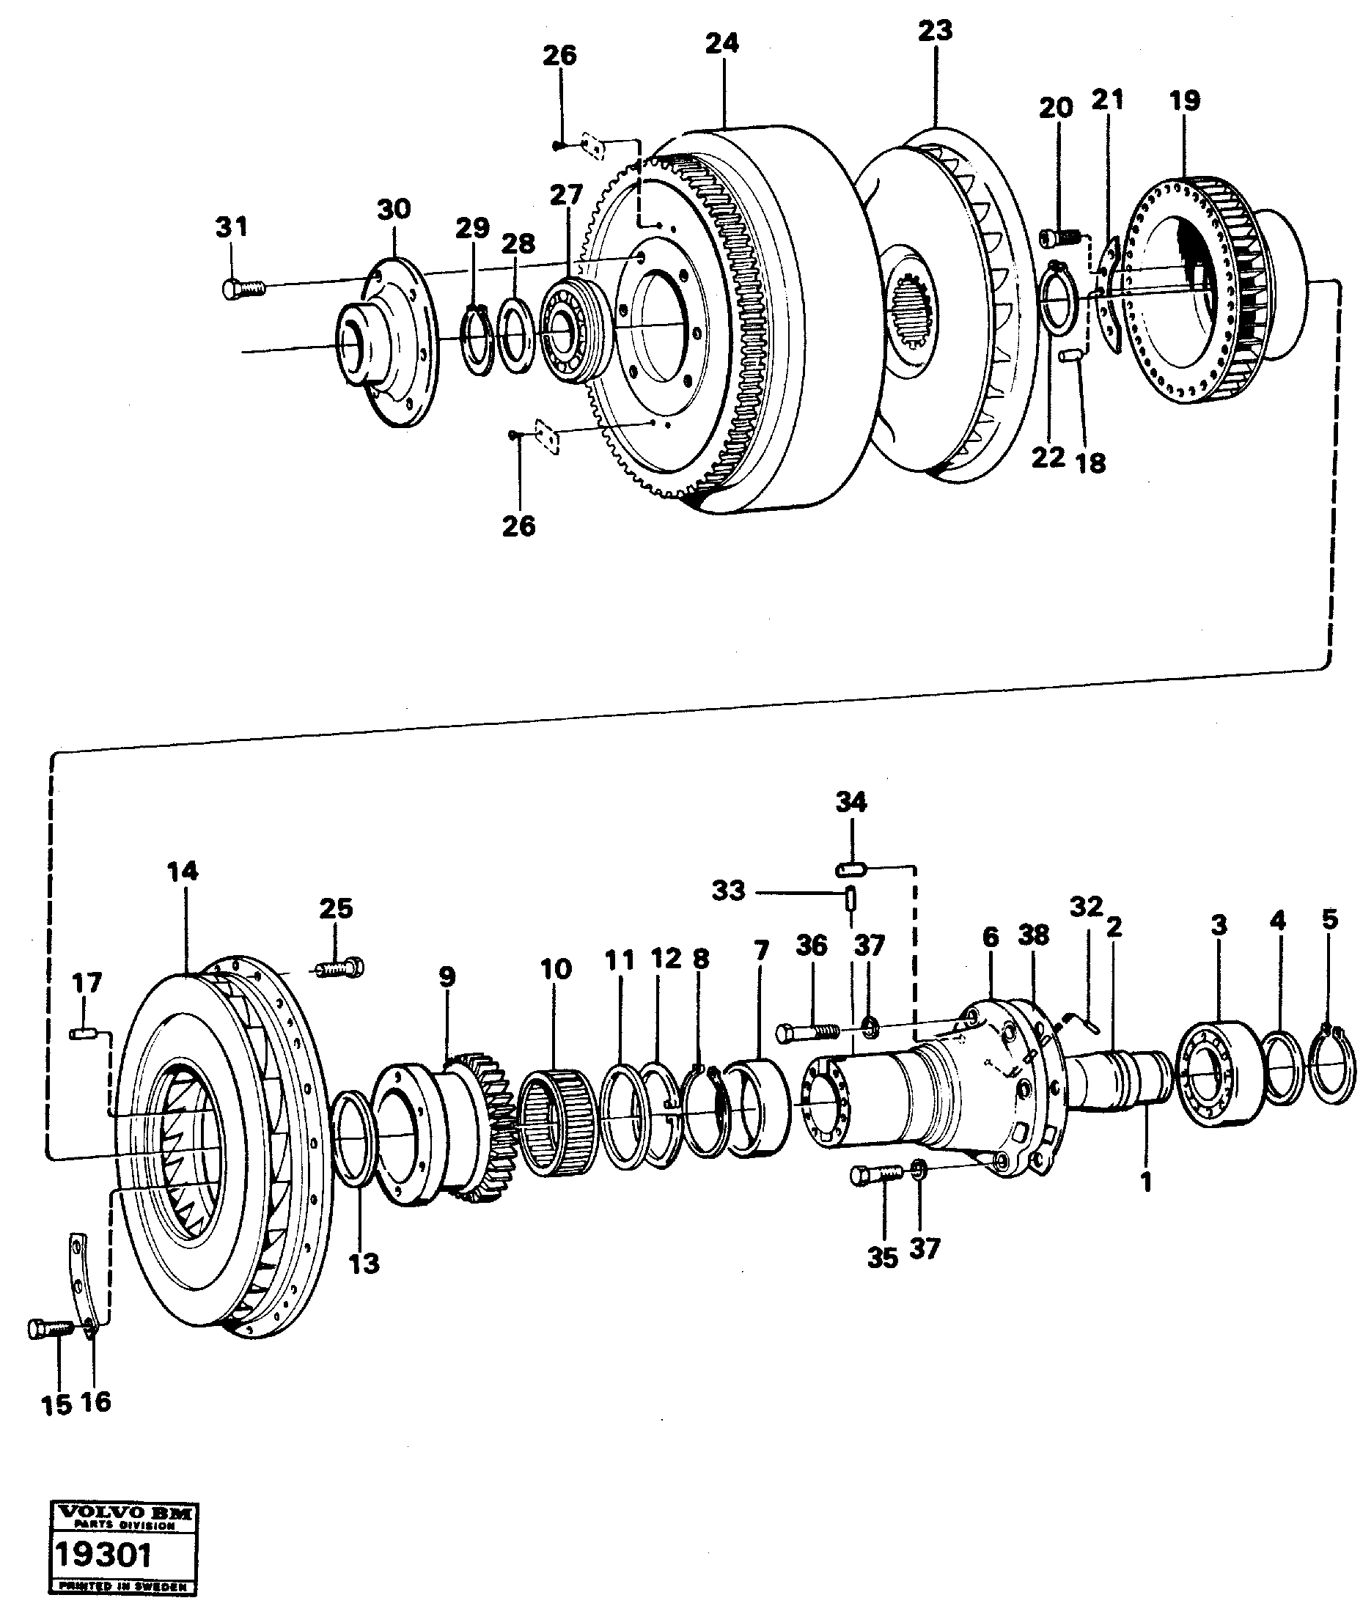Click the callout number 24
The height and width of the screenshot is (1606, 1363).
[x=721, y=44]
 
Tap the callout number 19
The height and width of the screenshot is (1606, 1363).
[x=1185, y=101]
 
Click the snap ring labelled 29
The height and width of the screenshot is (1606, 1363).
[x=479, y=341]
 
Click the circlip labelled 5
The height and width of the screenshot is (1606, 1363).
[x=1334, y=1059]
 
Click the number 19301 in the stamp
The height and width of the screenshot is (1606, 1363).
[x=102, y=1555]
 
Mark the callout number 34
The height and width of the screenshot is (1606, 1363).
[x=851, y=802]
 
